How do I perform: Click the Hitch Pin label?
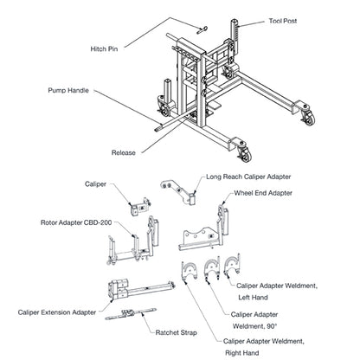(x=104, y=49)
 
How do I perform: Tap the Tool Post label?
(x=283, y=21)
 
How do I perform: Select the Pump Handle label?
(x=68, y=91)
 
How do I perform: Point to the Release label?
(x=124, y=152)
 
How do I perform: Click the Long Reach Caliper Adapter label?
(x=248, y=177)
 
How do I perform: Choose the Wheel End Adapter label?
(x=263, y=193)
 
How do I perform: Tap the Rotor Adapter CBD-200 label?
(x=76, y=222)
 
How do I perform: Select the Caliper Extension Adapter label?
(x=57, y=312)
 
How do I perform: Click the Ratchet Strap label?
(x=176, y=332)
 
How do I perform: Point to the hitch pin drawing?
(x=202, y=30)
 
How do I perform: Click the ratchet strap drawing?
(x=131, y=314)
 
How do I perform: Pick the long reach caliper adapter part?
(x=178, y=192)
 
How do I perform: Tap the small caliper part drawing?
(x=139, y=207)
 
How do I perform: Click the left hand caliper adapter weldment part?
(x=232, y=266)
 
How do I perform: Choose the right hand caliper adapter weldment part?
(x=190, y=271)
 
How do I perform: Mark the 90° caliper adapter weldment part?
(x=212, y=268)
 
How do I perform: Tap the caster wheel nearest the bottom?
(x=245, y=155)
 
